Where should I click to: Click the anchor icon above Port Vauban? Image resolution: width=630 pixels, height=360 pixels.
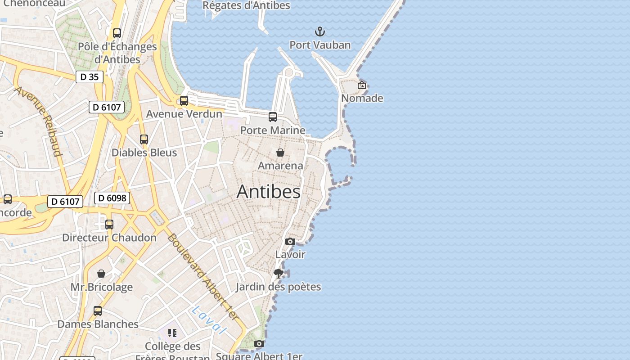coord(319,31)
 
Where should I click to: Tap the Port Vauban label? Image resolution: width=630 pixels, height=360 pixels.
coord(319,45)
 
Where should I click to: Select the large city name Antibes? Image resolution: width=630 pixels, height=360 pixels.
coord(269,192)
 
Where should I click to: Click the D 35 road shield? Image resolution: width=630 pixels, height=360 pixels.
coord(89,77)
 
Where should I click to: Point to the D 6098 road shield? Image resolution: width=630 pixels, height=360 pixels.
coord(112,198)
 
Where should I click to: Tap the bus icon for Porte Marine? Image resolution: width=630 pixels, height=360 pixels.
coord(273,117)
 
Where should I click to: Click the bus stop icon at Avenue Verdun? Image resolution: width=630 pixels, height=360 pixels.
coord(184,101)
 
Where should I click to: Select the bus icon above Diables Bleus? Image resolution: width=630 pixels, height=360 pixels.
coord(144,139)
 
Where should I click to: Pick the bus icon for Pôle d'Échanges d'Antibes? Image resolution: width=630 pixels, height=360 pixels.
coord(117,33)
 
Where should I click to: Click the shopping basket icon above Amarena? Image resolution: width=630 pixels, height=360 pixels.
coord(280,153)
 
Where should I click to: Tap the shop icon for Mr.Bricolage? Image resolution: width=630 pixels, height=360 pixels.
coord(101,274)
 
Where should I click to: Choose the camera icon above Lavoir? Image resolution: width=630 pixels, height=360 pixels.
coord(290,242)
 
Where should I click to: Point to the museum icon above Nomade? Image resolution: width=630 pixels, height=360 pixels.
coord(362,85)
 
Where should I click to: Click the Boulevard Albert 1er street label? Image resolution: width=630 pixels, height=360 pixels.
coord(202,277)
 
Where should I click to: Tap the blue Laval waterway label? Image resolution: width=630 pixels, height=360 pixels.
coord(208,320)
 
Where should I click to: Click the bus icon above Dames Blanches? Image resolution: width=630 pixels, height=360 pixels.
coord(98,311)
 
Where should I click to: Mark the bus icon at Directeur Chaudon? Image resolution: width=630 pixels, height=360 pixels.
coord(109,225)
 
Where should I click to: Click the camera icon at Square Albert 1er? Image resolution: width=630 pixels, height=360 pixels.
coord(259,344)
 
